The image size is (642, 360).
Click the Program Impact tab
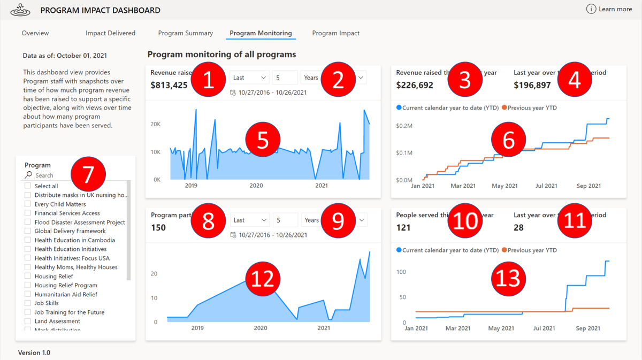[335, 33]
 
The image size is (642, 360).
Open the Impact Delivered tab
[110, 33]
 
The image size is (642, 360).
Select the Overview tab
[35, 33]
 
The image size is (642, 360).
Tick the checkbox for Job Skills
[28, 303]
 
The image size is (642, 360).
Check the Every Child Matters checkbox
[28, 204]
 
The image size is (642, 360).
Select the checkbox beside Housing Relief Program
[28, 285]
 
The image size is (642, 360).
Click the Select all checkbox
[28, 186]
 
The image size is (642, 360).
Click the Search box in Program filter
[48, 175]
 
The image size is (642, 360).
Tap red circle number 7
[88, 174]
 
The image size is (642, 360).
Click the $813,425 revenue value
[169, 85]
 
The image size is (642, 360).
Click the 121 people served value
[403, 228]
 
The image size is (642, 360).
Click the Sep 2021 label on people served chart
[588, 328]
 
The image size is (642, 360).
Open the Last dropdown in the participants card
[250, 220]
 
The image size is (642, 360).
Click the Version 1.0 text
[34, 353]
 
